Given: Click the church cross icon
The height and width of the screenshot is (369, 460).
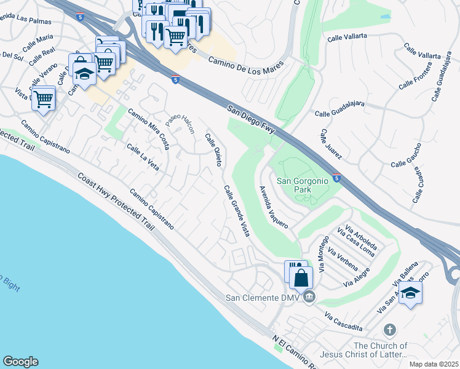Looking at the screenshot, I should click(x=389, y=330).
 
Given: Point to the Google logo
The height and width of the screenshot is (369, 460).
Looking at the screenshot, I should click(x=20, y=362).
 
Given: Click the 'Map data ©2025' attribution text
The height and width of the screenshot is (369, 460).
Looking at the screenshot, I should click(x=434, y=364).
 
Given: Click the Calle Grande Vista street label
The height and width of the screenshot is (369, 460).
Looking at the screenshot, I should click(x=237, y=211).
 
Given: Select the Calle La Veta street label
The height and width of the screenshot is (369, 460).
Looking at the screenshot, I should click(x=143, y=157).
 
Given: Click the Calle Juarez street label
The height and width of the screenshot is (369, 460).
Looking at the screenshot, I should click(x=330, y=145).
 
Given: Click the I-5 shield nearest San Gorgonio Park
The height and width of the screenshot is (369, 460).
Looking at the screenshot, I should click(x=336, y=177).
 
